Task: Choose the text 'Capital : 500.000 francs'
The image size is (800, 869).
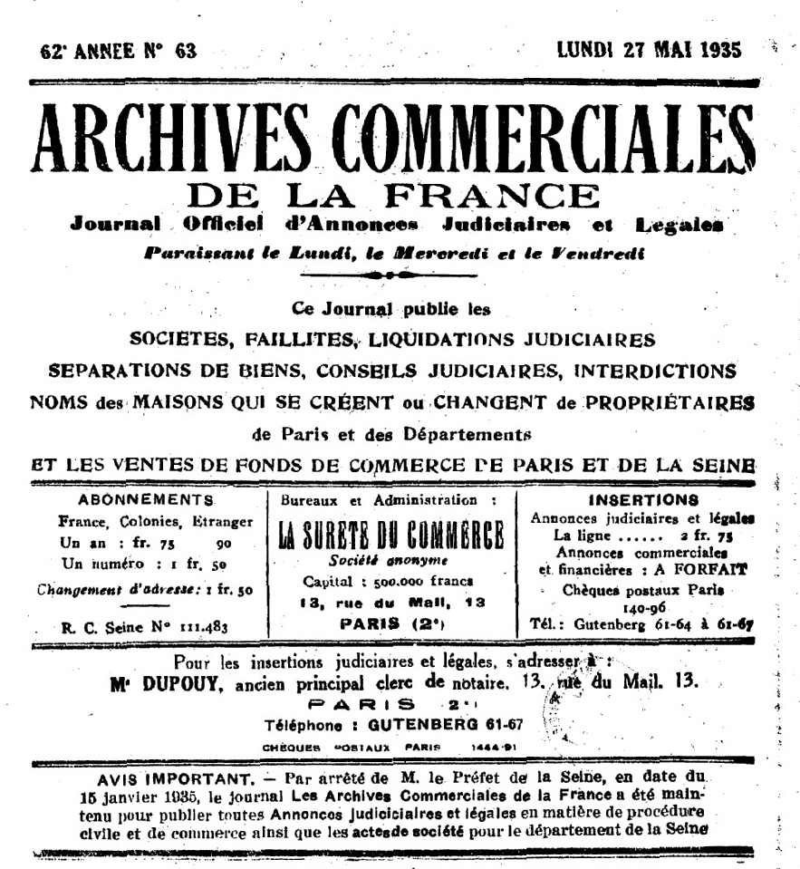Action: (x=390, y=580)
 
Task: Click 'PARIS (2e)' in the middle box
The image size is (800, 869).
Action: (x=392, y=623)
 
